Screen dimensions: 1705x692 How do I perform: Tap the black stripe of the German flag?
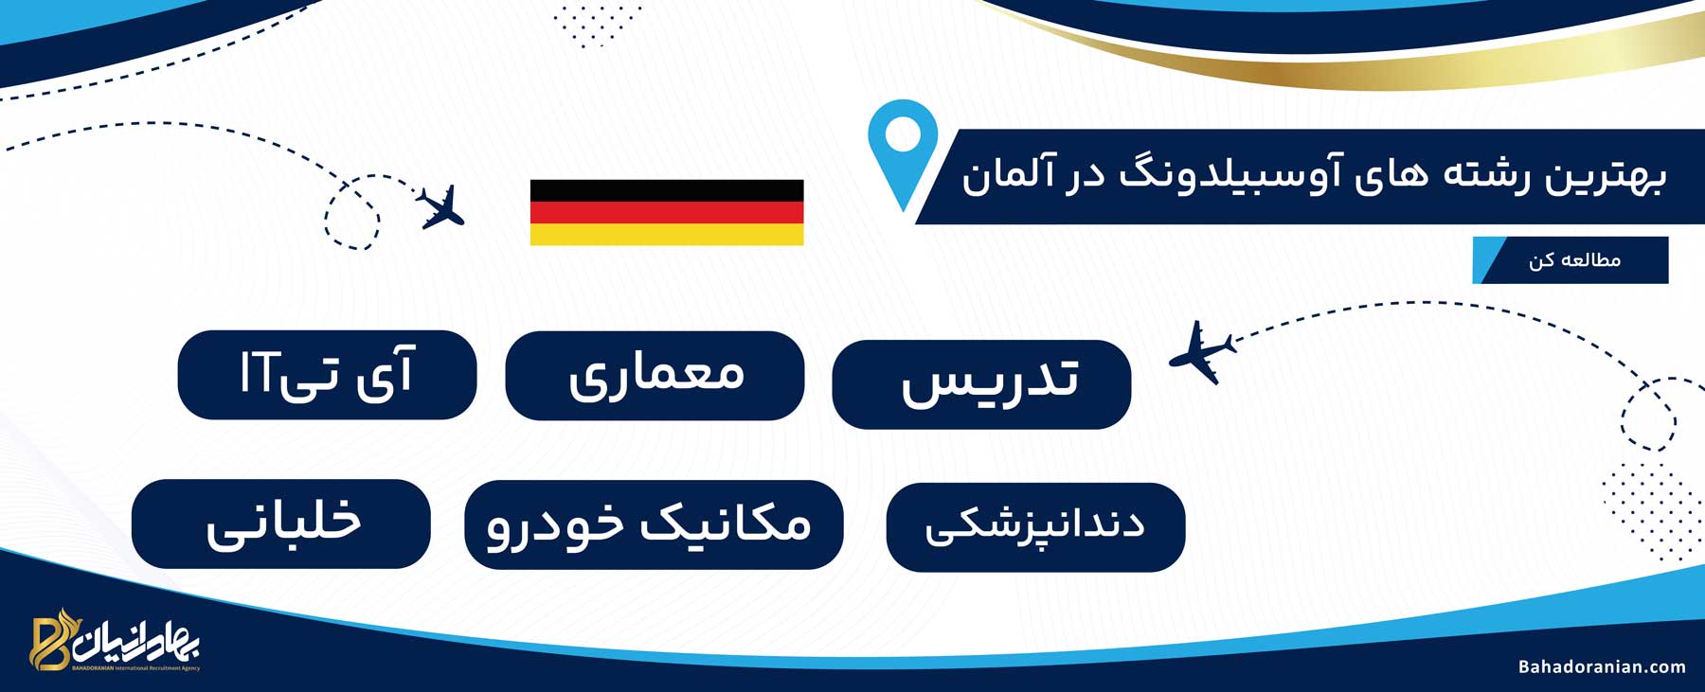coord(667,190)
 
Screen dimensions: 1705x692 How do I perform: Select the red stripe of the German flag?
coord(667,212)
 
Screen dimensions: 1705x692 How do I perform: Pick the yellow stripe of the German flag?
coord(667,235)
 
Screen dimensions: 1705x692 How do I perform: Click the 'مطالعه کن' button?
coord(1570,259)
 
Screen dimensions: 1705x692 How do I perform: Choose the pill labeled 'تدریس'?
coord(981,384)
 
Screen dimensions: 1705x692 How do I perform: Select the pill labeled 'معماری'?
coord(655,376)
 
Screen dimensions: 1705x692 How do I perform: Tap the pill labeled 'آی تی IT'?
coord(327,375)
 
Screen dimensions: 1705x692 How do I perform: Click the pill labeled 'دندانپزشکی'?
coord(1035,527)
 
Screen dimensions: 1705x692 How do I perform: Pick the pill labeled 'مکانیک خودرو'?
coord(654,525)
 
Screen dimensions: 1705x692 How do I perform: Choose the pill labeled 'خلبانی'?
coord(281,524)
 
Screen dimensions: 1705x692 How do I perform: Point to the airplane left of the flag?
coord(441,206)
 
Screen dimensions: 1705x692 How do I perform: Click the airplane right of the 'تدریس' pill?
coord(1202,352)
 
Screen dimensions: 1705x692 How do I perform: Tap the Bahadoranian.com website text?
coord(1602,666)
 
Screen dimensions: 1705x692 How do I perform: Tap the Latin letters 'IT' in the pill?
coord(257,372)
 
